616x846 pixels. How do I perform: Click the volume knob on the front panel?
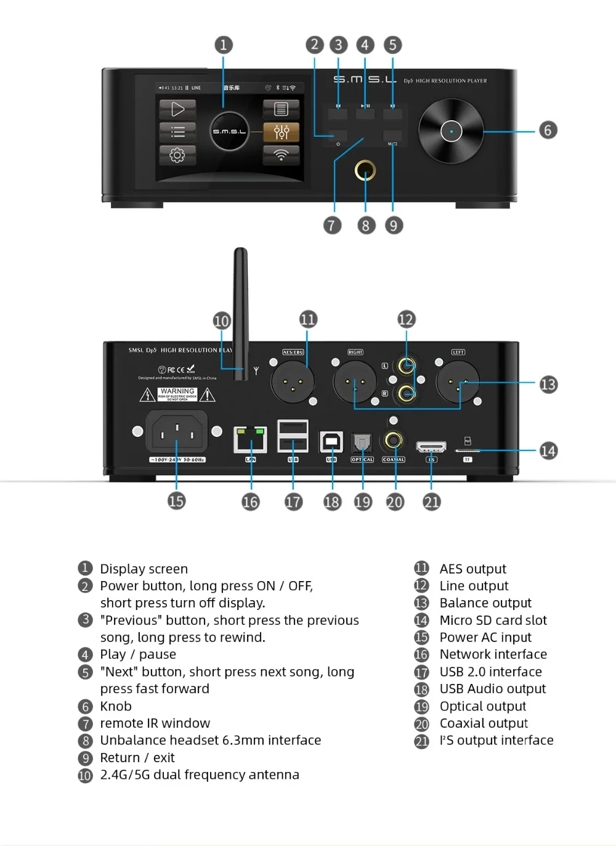tap(451, 131)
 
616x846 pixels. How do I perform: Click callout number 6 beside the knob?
tap(548, 130)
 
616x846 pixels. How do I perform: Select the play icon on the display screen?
tap(177, 110)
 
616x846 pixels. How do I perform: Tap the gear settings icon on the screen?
tap(177, 155)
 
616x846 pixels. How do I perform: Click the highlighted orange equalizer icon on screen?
tap(281, 132)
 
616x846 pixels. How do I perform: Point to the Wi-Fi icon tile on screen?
tap(281, 155)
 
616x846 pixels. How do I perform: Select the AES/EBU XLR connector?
tap(293, 382)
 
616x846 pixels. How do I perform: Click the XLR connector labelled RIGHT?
tap(355, 382)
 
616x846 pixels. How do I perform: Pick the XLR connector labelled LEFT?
tap(458, 382)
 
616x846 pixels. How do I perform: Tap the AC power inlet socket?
tap(177, 432)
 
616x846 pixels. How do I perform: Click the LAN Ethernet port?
tap(250, 439)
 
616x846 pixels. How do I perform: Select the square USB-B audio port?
tap(331, 441)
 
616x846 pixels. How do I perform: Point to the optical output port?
tap(362, 442)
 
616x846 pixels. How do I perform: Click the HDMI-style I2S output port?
tap(431, 447)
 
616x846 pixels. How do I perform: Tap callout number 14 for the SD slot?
tap(548, 451)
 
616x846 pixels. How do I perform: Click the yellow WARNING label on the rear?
tap(177, 394)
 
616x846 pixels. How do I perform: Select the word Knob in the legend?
tap(116, 706)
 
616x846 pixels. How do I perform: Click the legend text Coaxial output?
tap(484, 723)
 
